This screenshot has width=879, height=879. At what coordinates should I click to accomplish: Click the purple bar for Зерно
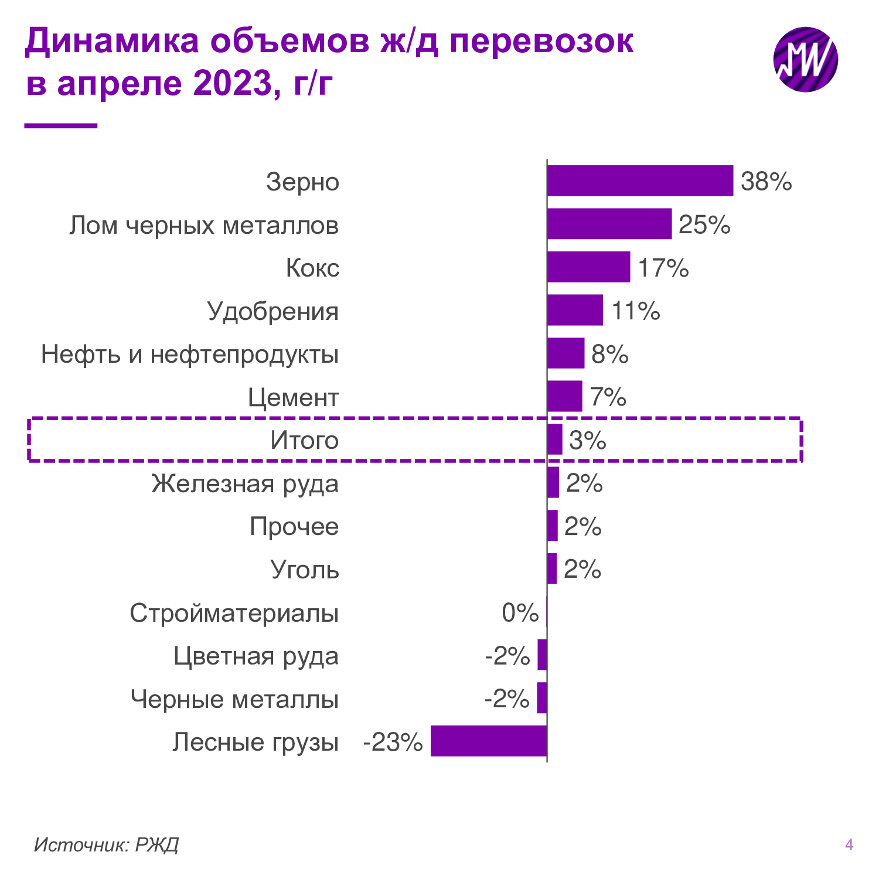click(x=640, y=180)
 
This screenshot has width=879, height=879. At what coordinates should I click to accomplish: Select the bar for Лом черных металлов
click(x=609, y=224)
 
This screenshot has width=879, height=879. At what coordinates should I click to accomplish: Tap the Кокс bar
click(x=588, y=267)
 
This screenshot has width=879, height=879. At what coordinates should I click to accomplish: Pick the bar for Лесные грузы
click(x=489, y=741)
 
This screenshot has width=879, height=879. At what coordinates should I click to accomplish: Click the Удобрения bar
click(x=575, y=310)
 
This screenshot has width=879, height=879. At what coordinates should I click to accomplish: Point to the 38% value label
click(x=766, y=182)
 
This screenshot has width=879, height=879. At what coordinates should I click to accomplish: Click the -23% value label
click(x=393, y=742)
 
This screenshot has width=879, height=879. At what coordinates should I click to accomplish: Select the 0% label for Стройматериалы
click(x=520, y=613)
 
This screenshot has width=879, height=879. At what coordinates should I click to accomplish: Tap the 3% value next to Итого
click(x=587, y=441)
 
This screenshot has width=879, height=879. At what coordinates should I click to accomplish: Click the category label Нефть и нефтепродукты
click(x=190, y=355)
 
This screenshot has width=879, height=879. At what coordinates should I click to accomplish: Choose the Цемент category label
click(x=293, y=398)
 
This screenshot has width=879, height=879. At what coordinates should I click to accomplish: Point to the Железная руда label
click(x=245, y=484)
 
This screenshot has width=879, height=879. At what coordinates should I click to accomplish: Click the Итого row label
click(x=304, y=441)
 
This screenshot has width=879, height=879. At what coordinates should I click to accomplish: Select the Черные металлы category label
click(x=234, y=699)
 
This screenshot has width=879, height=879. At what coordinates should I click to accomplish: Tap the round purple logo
click(x=805, y=59)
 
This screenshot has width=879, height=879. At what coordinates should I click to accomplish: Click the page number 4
click(x=849, y=844)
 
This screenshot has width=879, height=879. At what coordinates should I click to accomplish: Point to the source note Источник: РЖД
click(x=106, y=844)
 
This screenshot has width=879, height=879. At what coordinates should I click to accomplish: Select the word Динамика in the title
click(x=112, y=41)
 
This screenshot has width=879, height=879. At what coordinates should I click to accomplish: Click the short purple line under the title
click(x=61, y=125)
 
